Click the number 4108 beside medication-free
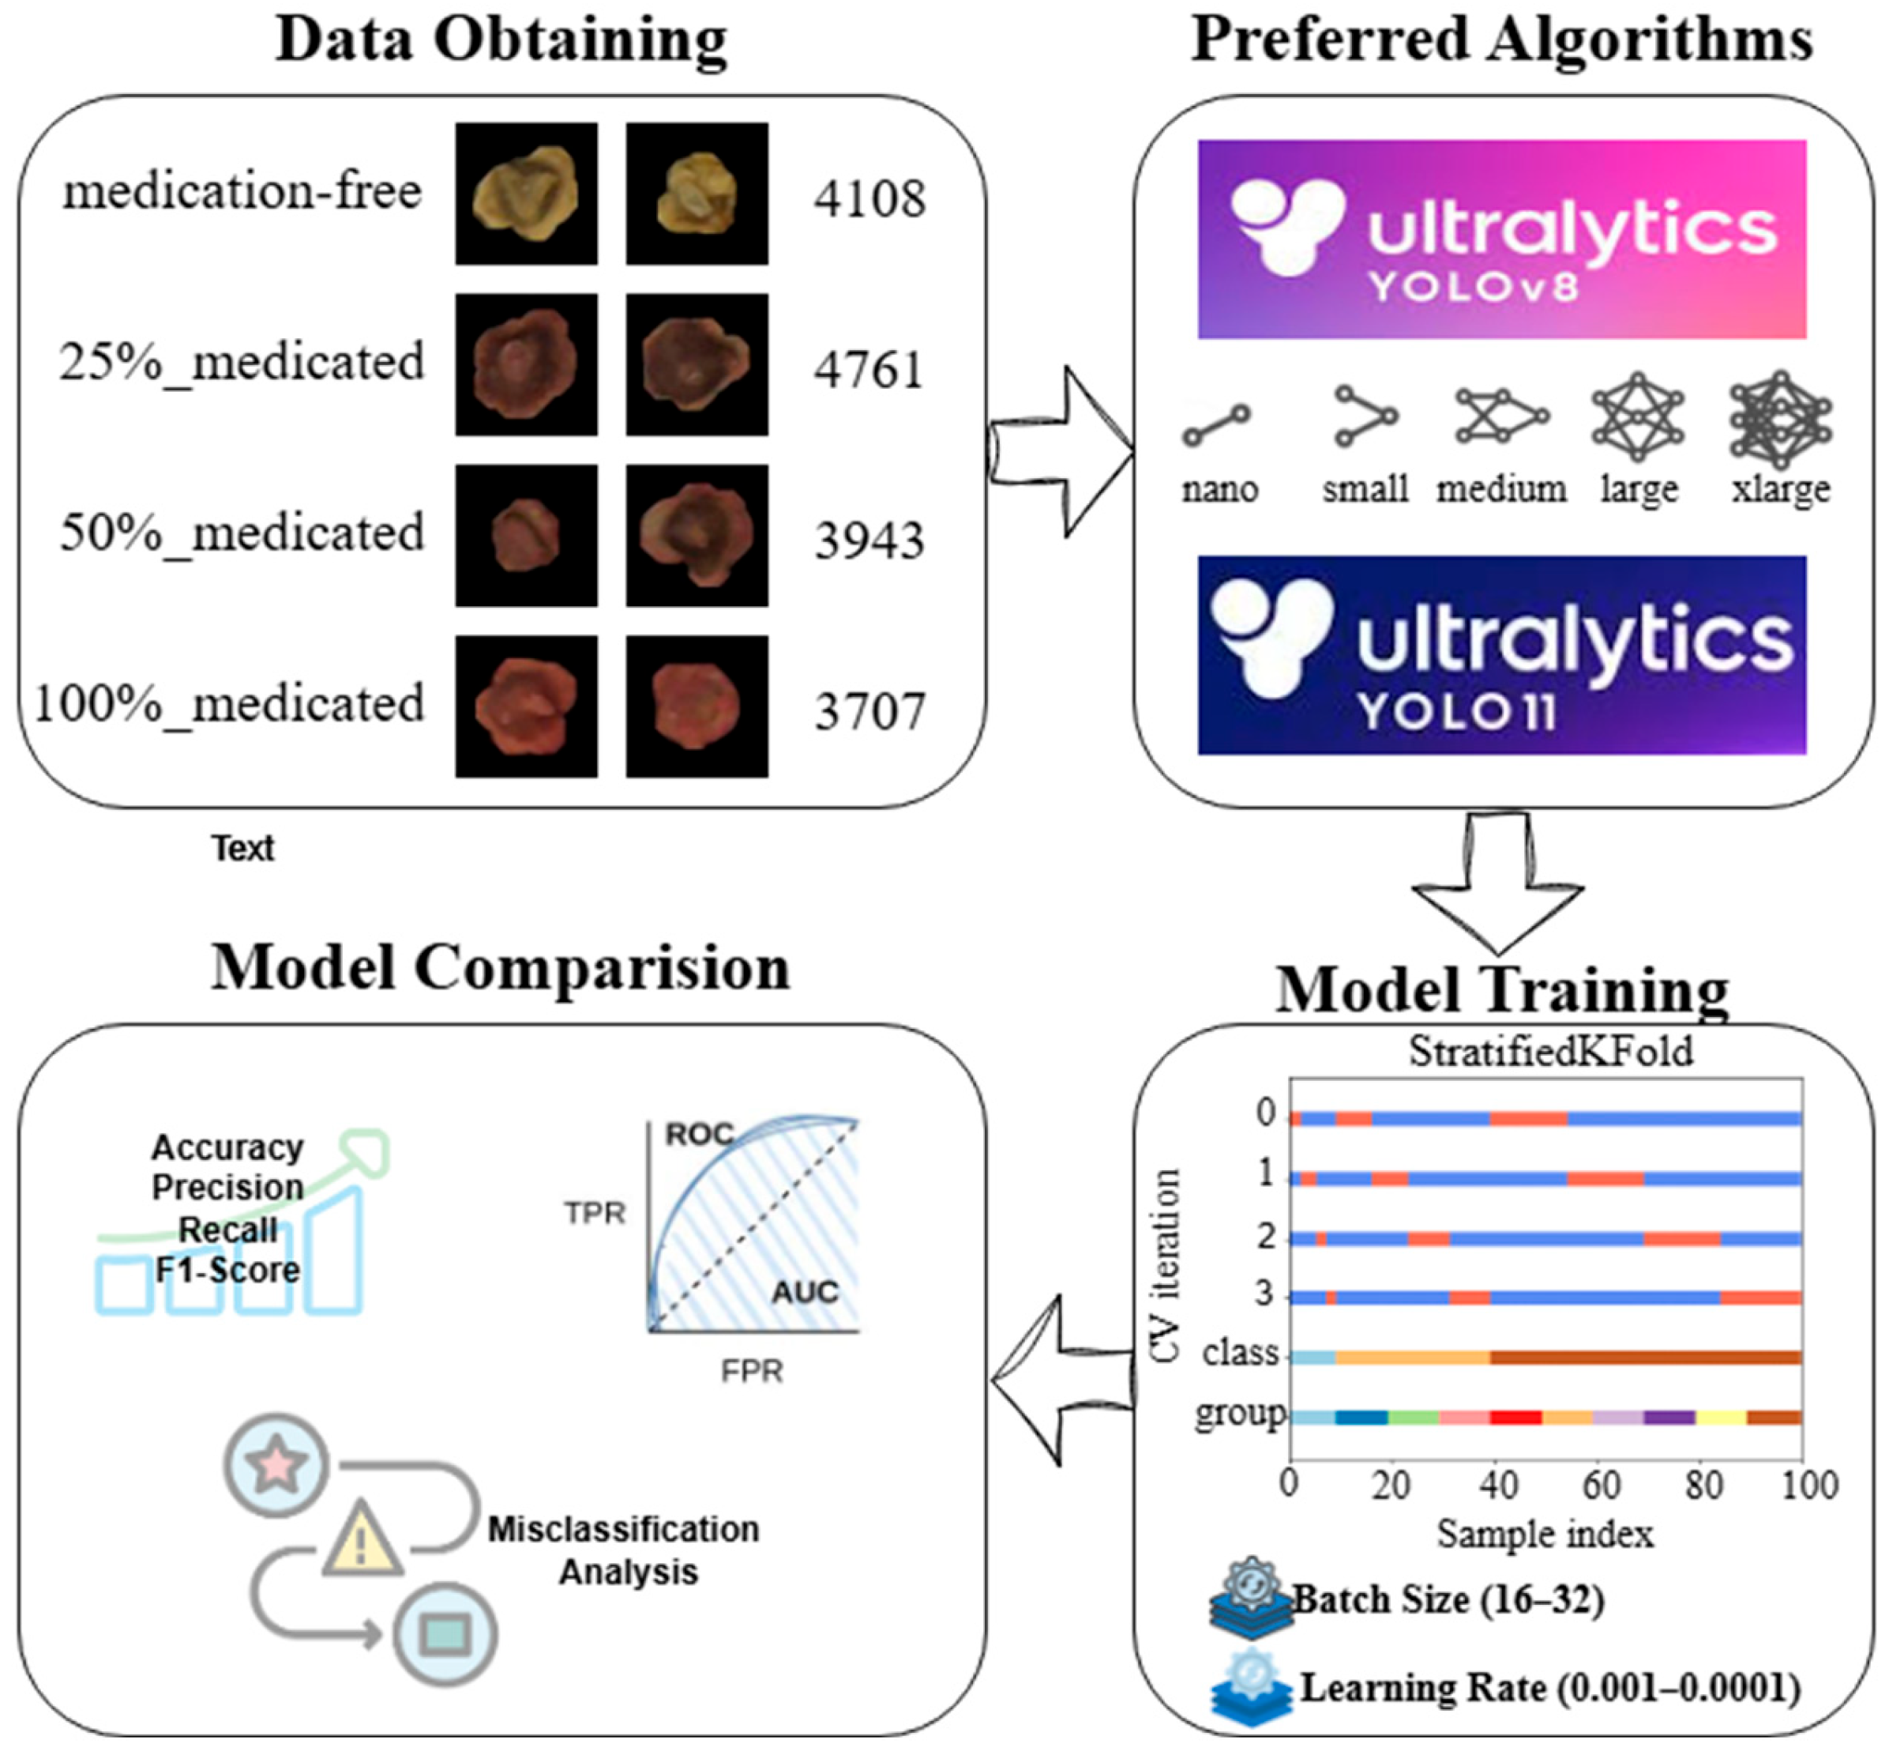[x=869, y=199]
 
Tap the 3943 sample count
[x=869, y=540]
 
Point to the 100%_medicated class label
[x=229, y=705]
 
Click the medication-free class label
[x=242, y=192]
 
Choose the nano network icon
[x=1216, y=424]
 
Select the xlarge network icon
[x=1780, y=419]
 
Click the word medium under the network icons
[x=1500, y=489]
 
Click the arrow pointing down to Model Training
[x=1497, y=883]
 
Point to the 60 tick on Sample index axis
[x=1601, y=1483]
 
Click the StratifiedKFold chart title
[x=1550, y=1051]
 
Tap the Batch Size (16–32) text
[x=1448, y=1599]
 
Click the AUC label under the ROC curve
[x=805, y=1292]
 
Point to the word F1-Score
[x=227, y=1270]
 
